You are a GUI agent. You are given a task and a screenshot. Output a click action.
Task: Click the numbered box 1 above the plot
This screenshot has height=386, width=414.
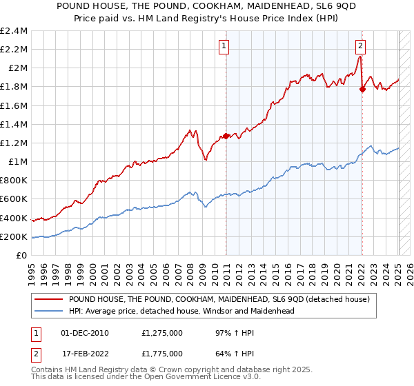[x=224, y=47]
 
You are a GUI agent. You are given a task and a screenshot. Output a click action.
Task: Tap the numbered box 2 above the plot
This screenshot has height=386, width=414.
[x=360, y=47]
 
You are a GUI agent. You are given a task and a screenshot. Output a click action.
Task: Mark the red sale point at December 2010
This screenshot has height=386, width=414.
[x=226, y=136]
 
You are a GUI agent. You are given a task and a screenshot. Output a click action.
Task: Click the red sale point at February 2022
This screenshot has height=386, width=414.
[x=362, y=89]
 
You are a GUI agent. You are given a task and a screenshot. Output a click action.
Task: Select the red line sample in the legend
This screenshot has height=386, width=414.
[x=48, y=299]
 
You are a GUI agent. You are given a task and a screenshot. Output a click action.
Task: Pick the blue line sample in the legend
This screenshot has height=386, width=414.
[x=48, y=311]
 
